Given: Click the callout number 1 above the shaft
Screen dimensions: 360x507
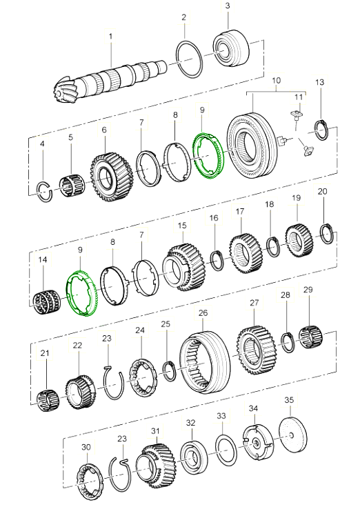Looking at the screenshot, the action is [x=110, y=36].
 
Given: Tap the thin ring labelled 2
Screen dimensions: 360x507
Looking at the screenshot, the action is [x=190, y=59].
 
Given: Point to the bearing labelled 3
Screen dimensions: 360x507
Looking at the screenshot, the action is [x=232, y=48].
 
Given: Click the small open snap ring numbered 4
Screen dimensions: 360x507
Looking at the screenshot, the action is [x=46, y=192].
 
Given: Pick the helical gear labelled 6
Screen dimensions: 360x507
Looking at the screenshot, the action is [x=111, y=176].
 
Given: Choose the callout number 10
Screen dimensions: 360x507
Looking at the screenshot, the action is [x=277, y=80].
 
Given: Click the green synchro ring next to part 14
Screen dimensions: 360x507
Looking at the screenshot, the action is [x=81, y=292].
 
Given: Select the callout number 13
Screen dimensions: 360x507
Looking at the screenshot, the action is [x=319, y=82].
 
